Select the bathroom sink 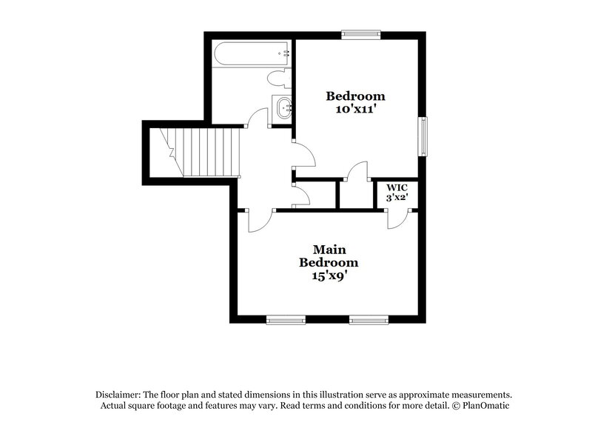[283, 110]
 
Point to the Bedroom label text [356, 96]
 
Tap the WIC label [392, 188]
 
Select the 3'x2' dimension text [392, 198]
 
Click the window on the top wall [361, 33]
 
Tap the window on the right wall [425, 136]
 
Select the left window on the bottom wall [286, 320]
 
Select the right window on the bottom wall [369, 320]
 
